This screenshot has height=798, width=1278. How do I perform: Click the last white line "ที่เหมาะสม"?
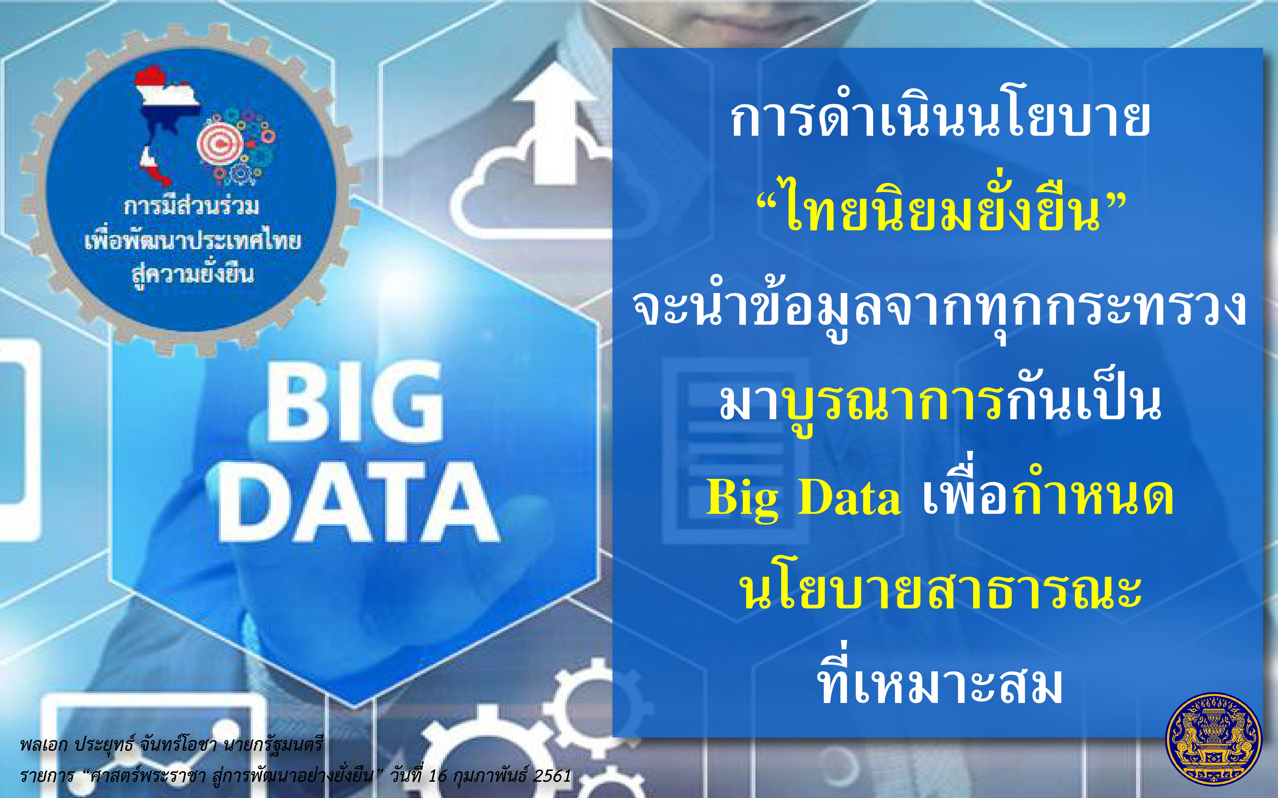click(x=940, y=678)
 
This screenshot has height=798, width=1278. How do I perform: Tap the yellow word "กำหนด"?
click(x=1093, y=491)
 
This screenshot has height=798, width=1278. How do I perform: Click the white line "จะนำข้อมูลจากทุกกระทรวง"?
click(x=940, y=309)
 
